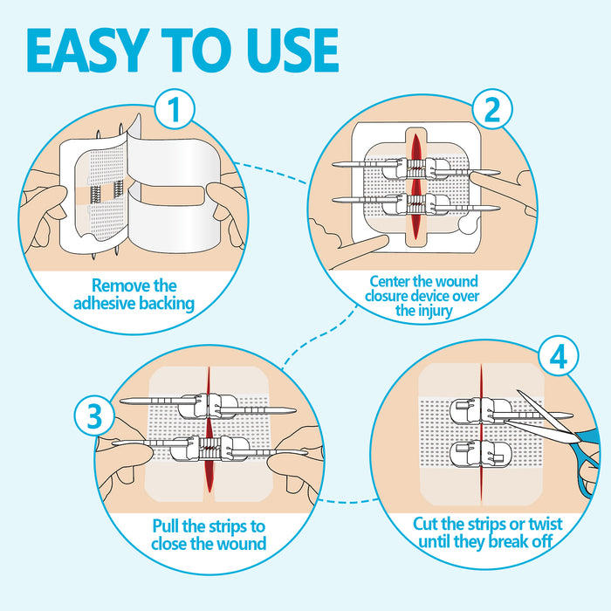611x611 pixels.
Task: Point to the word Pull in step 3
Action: pyautogui.click(x=170, y=527)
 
